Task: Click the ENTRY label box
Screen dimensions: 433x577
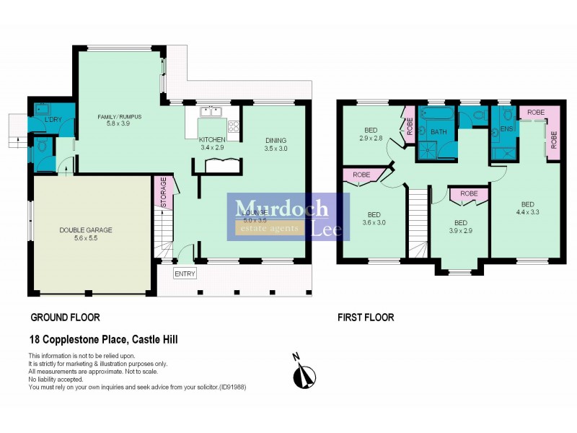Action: [185, 274]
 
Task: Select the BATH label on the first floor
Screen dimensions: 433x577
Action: [439, 132]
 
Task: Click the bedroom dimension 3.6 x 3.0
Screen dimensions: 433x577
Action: [374, 223]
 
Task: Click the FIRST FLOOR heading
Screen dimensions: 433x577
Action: [366, 317]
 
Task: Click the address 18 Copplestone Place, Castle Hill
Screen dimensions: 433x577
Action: [102, 339]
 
